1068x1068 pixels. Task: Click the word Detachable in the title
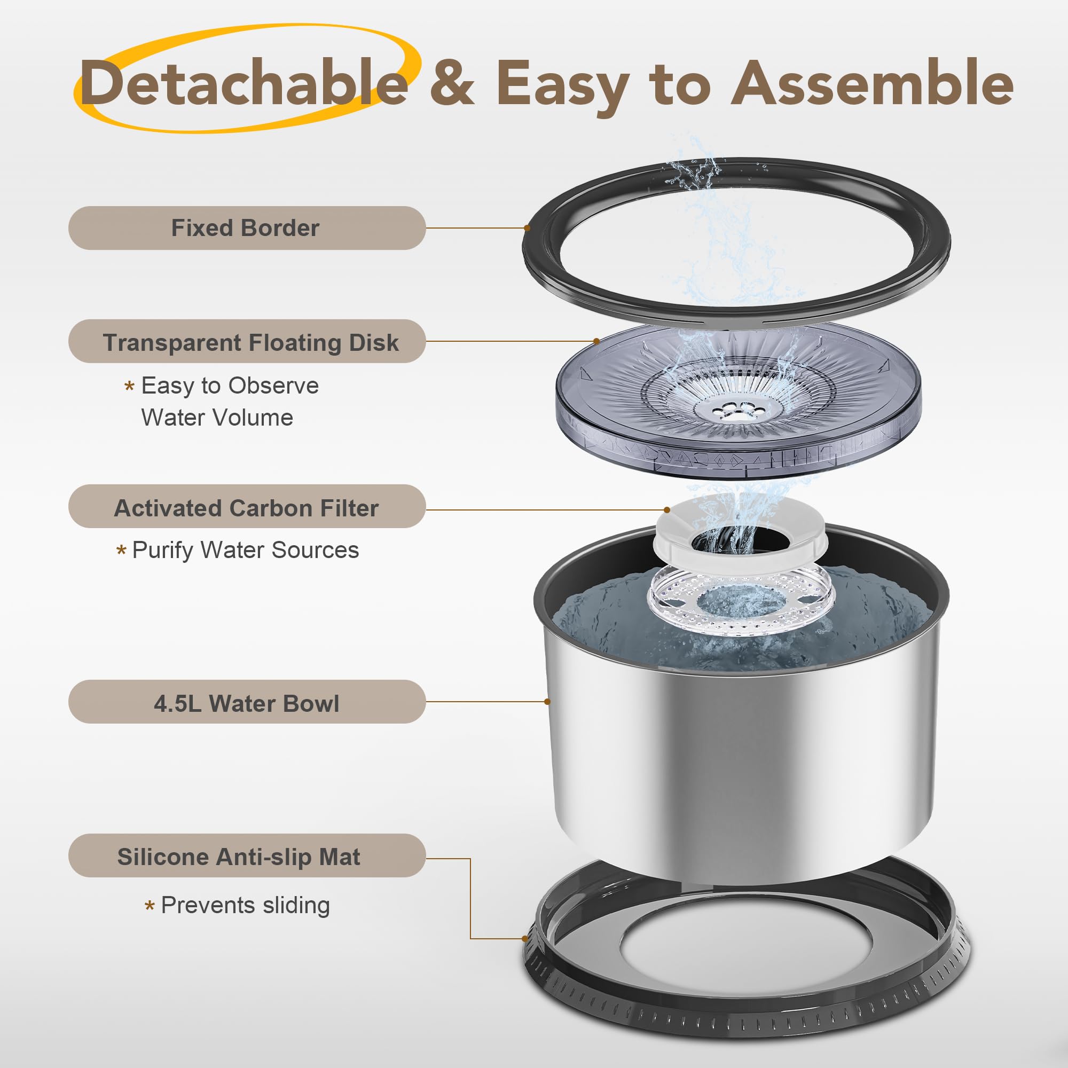coord(245,83)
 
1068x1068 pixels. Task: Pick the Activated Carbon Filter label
coord(247,507)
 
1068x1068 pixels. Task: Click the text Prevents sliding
coord(246,906)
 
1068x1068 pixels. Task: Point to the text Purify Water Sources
coord(246,550)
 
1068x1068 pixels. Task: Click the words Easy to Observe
coord(230,386)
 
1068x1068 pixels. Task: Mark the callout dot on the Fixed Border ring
coord(528,228)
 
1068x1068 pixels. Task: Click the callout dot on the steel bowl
coord(547,702)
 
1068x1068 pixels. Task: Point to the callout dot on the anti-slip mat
coord(525,938)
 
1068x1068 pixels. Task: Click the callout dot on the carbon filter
coord(667,509)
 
